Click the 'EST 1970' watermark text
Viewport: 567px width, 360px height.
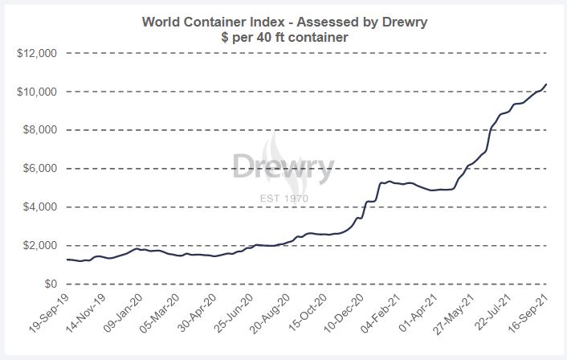[283, 198]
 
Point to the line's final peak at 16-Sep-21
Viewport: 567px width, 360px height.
[547, 84]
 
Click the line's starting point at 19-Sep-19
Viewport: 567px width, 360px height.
[67, 260]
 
